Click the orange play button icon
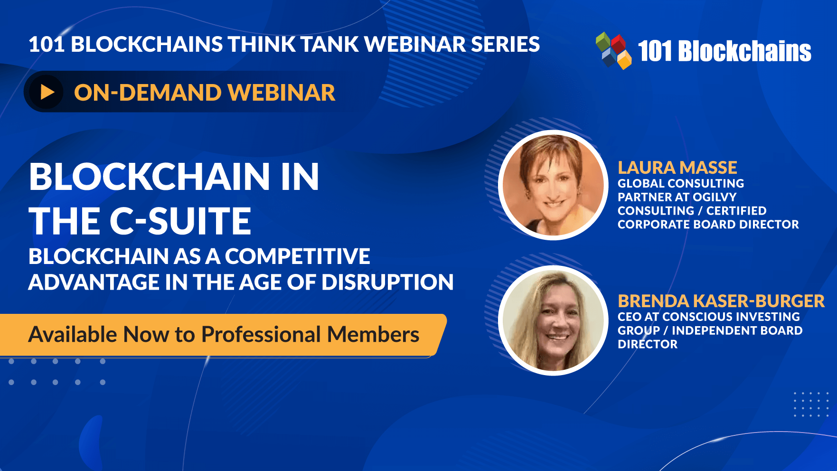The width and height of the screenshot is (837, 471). pyautogui.click(x=47, y=92)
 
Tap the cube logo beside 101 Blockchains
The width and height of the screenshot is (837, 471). pyautogui.click(x=613, y=50)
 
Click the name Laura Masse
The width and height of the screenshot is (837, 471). pyautogui.click(x=677, y=168)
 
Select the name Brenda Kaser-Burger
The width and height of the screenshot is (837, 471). pyautogui.click(x=721, y=301)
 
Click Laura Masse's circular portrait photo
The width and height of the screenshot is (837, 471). pyautogui.click(x=553, y=185)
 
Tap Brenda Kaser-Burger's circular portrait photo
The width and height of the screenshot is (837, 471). pyautogui.click(x=553, y=320)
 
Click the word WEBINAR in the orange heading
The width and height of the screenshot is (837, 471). pyautogui.click(x=282, y=93)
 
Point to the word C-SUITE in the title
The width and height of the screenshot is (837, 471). pyautogui.click(x=180, y=221)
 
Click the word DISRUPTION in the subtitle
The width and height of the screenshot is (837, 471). pyautogui.click(x=387, y=282)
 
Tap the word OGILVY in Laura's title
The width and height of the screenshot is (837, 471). pyautogui.click(x=715, y=197)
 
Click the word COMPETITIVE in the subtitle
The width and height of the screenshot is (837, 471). pyautogui.click(x=297, y=256)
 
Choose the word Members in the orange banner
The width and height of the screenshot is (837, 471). pyautogui.click(x=373, y=334)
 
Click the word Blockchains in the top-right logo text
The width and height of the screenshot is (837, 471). pyautogui.click(x=744, y=51)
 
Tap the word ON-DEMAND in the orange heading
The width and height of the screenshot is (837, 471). pyautogui.click(x=148, y=93)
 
